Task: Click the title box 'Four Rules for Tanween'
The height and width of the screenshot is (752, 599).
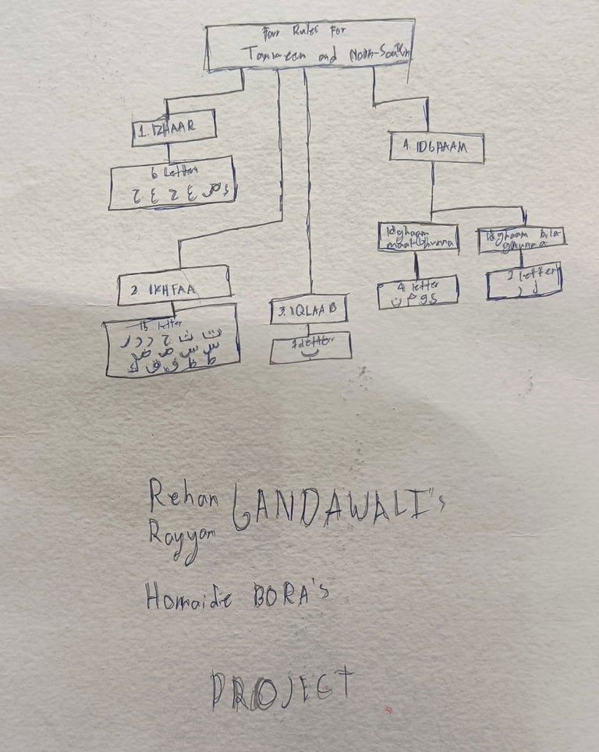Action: click(x=310, y=46)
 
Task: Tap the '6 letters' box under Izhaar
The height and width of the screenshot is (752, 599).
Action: click(x=172, y=184)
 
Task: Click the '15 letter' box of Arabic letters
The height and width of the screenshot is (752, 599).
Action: click(x=172, y=340)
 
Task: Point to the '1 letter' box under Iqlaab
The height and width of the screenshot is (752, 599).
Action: click(x=310, y=347)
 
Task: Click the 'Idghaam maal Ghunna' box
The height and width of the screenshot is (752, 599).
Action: click(x=417, y=237)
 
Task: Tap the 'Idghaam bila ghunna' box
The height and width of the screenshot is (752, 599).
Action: click(x=521, y=238)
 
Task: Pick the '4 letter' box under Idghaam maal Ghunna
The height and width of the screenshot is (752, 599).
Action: click(x=417, y=291)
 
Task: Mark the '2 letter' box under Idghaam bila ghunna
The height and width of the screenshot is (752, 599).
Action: click(x=524, y=281)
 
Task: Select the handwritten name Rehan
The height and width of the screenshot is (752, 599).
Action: click(x=184, y=492)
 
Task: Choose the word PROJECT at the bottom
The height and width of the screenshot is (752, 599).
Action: click(x=281, y=688)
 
